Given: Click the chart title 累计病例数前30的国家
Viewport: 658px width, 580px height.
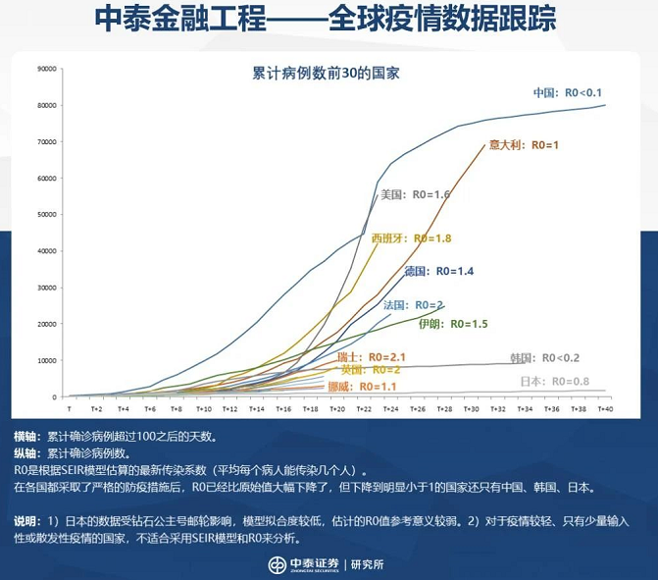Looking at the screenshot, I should coord(328,73).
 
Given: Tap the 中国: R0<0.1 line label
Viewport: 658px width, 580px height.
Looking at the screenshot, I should coord(567,92).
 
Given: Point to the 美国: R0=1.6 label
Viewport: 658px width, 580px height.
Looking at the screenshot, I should coord(415,194).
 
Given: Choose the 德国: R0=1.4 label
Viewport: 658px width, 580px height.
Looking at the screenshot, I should coord(438,270).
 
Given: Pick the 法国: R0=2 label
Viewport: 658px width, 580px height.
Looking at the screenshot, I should coord(413,304).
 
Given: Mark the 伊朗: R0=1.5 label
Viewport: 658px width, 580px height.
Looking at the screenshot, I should coord(452,323).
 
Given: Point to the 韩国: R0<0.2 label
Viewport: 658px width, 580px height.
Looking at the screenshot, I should coord(544,357).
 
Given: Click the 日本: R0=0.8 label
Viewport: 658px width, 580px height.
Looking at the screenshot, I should coord(553,381).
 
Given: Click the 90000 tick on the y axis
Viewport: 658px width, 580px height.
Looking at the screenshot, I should coord(47,69).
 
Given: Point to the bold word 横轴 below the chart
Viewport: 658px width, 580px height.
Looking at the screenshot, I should coord(25,436).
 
